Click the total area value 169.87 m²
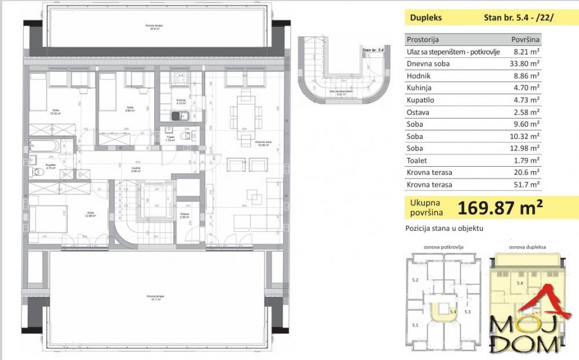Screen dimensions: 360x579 point(500,207)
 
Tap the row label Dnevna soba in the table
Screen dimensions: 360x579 point(428,64)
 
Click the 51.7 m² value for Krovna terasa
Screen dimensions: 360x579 point(526,185)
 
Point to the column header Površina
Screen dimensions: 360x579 point(526,39)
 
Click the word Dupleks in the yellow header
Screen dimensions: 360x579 point(426,17)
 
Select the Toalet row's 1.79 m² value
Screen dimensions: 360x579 point(526,160)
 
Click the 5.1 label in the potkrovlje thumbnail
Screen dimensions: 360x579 point(415,325)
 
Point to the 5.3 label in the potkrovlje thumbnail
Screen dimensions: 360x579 point(468,313)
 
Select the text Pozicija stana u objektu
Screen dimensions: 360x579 point(444,229)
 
